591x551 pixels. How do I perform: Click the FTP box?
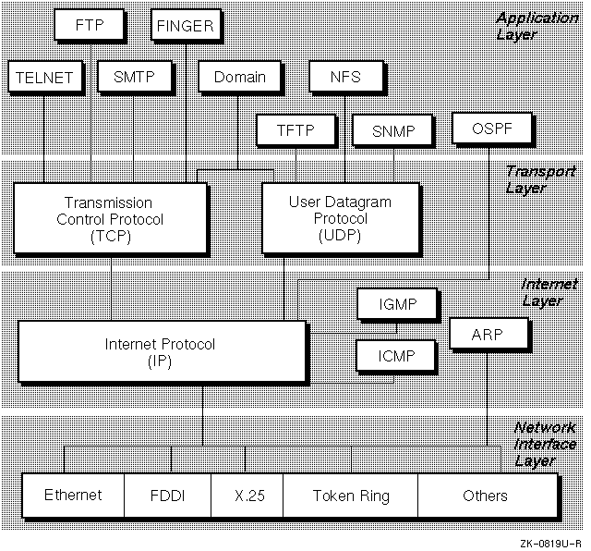(x=90, y=26)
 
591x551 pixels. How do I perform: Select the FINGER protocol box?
(x=187, y=26)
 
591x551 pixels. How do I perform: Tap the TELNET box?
(x=43, y=78)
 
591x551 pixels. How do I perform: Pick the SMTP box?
(x=134, y=78)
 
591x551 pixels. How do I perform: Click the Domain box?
(x=239, y=78)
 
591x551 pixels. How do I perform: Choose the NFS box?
(x=345, y=78)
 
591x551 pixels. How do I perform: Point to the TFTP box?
(x=295, y=130)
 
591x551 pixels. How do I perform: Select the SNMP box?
(x=392, y=130)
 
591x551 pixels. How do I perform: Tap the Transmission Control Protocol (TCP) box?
(x=109, y=220)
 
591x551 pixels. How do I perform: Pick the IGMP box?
(x=397, y=303)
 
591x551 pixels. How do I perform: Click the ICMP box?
(x=397, y=354)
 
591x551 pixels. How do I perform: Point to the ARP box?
(x=488, y=334)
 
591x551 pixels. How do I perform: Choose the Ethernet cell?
(x=73, y=496)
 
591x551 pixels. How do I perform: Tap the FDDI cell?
(x=167, y=496)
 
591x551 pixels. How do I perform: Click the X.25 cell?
(x=247, y=496)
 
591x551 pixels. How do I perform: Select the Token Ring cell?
(x=351, y=496)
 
